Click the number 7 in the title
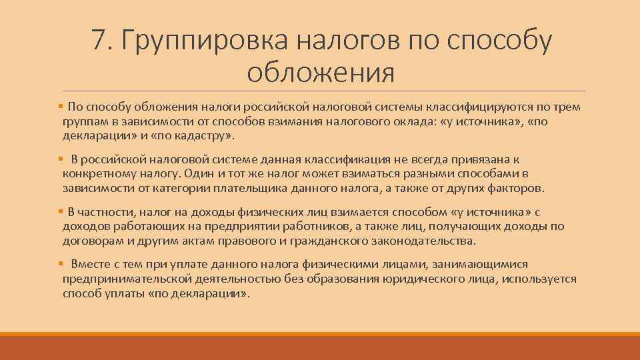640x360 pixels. coord(100,41)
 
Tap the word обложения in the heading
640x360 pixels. coord(320,72)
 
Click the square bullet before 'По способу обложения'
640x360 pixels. coord(61,106)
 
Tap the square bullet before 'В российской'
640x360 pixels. coord(61,159)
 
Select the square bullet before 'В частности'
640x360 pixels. coord(61,211)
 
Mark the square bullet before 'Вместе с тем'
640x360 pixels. coord(61,264)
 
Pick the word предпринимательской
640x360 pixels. coord(127,279)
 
